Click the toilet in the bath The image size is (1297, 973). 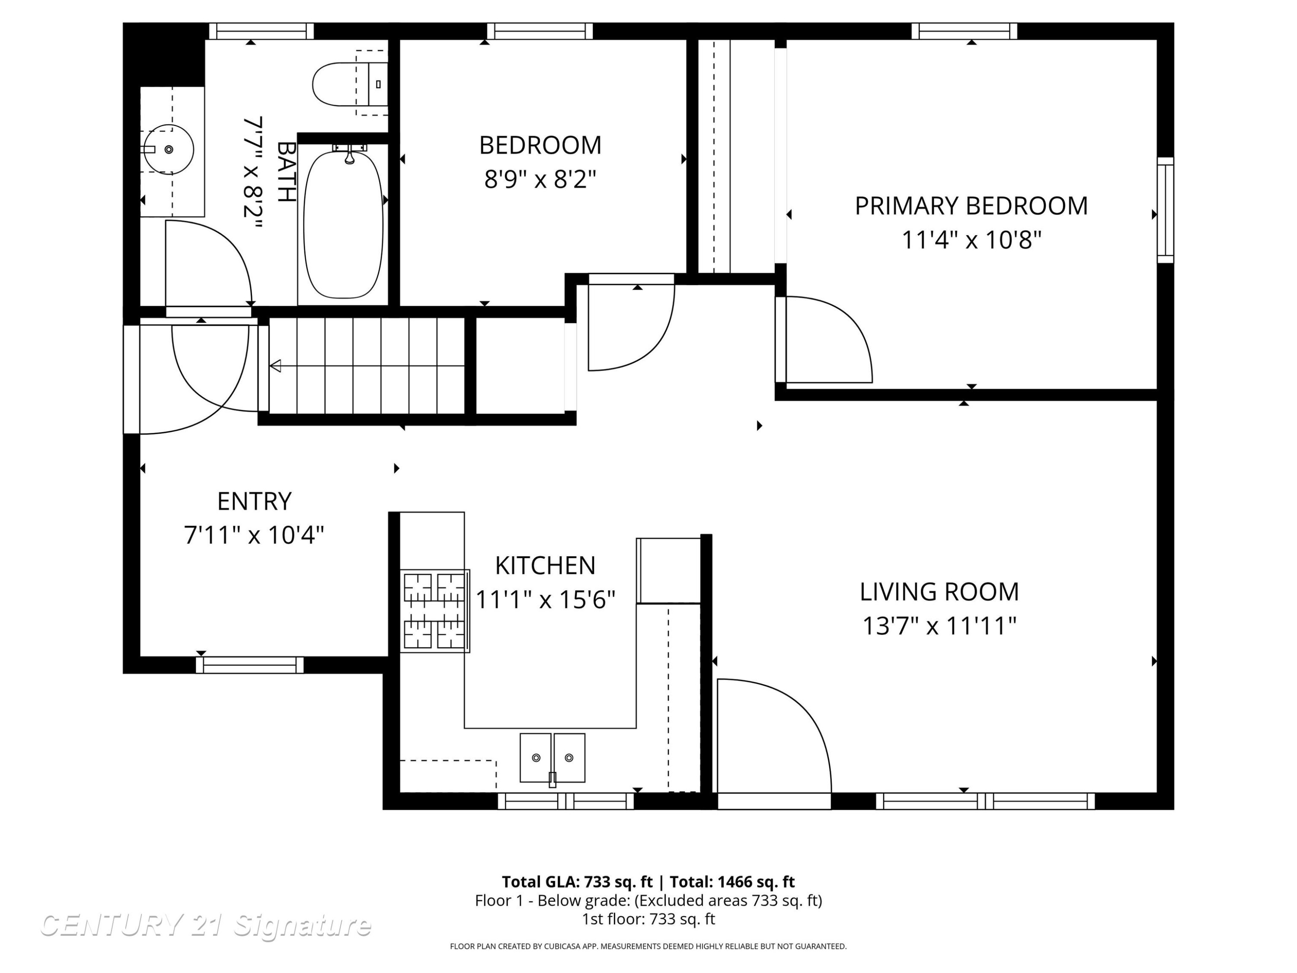tap(350, 84)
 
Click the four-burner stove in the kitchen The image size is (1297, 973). tap(435, 611)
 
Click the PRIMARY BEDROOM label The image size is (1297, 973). tap(971, 206)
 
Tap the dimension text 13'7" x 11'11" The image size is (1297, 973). tap(939, 626)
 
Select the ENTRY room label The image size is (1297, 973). tap(254, 502)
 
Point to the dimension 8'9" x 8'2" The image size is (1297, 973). tap(540, 179)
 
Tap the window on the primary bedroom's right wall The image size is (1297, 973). tap(1166, 210)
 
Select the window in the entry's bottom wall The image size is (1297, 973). tap(250, 665)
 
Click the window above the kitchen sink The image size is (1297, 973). tap(566, 801)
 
